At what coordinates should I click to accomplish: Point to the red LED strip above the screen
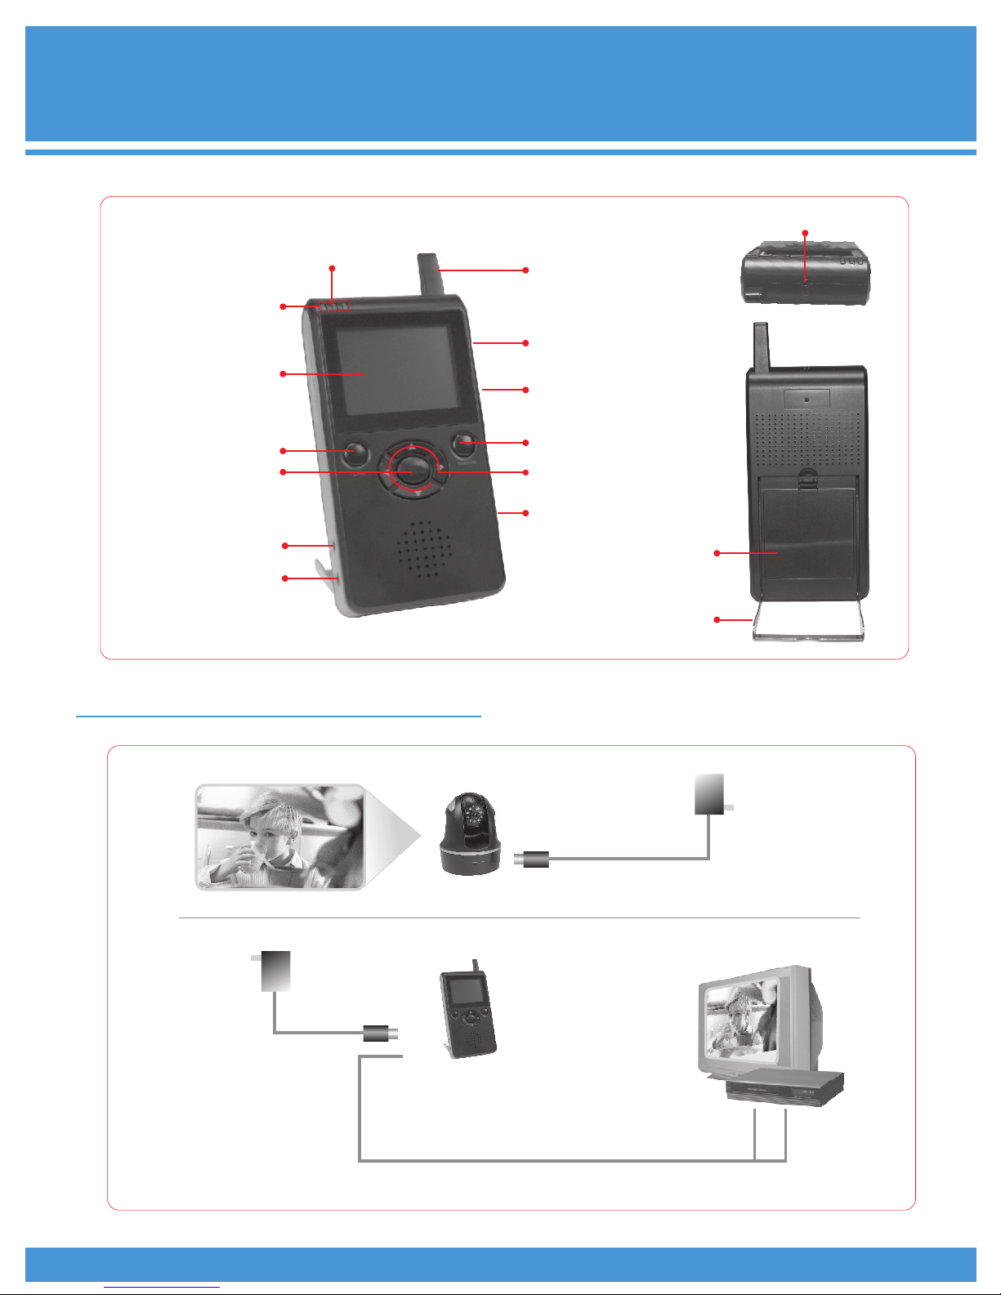(333, 307)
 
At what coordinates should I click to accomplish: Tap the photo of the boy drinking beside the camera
(279, 837)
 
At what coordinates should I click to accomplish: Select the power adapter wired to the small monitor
(275, 971)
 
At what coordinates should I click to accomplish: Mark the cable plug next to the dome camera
(534, 859)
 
